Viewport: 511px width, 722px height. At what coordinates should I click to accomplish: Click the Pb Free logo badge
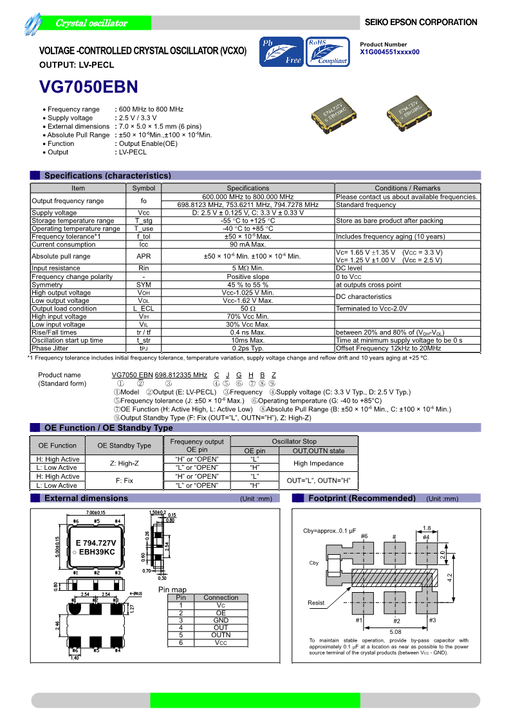281,52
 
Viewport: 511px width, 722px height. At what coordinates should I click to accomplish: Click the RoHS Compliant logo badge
328,52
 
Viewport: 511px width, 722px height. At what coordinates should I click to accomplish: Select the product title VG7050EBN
89,87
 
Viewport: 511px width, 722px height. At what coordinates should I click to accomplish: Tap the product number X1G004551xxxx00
390,51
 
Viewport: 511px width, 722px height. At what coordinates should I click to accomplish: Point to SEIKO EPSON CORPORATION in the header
421,23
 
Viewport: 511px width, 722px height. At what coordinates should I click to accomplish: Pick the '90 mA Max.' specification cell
248,244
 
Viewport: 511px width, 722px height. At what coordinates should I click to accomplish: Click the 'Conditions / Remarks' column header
407,188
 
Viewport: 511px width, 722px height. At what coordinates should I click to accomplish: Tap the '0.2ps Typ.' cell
248,348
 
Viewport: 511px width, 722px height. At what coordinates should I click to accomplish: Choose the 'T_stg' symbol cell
144,221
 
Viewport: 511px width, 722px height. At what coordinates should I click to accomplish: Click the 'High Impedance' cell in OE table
319,463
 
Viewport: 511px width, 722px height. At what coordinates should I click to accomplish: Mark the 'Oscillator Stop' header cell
293,442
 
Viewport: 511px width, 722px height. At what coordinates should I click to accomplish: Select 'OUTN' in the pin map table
221,635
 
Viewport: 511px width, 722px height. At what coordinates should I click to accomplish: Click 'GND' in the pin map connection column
221,620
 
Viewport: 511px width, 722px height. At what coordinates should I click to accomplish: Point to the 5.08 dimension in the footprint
395,631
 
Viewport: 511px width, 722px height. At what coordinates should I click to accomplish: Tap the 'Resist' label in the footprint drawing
317,602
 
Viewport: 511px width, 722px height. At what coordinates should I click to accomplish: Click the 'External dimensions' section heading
86,498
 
